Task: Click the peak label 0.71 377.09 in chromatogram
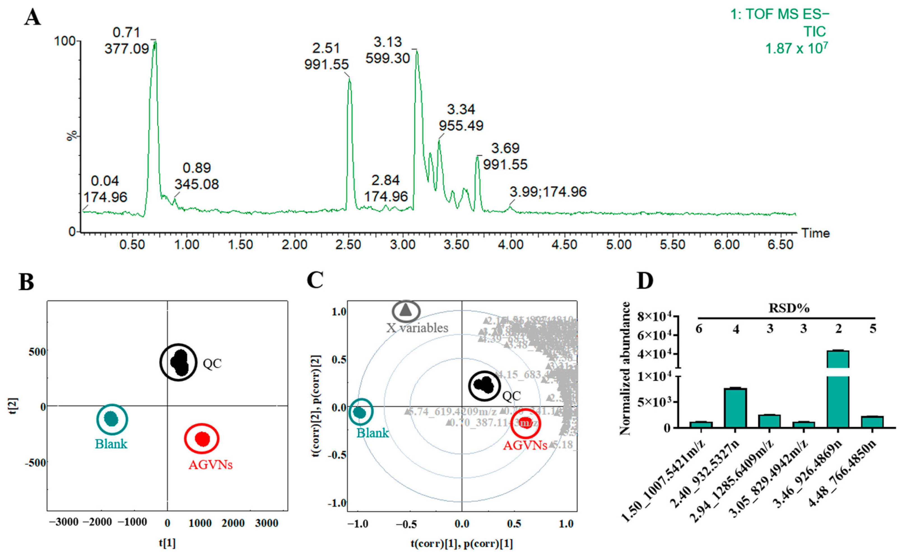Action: pos(127,41)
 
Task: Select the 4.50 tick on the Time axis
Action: pos(564,244)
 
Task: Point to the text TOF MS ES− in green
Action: pos(779,14)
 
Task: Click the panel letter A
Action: pos(32,18)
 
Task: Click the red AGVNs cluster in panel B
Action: pos(202,439)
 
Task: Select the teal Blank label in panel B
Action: pos(111,444)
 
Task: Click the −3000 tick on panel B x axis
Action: pos(64,522)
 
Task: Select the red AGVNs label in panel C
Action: pos(525,445)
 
